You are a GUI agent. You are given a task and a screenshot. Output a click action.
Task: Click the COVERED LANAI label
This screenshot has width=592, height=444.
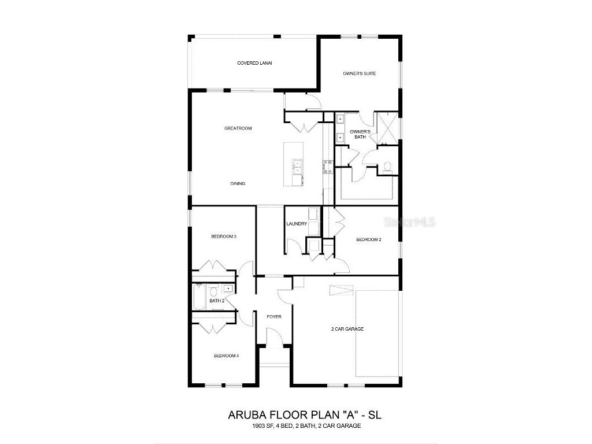[x=254, y=63]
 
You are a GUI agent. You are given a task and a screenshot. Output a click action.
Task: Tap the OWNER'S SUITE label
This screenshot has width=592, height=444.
[x=360, y=73]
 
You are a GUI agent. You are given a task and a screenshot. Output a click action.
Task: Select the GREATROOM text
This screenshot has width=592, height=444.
[x=238, y=128]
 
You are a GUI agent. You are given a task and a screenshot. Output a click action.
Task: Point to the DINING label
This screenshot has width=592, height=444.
[x=238, y=184]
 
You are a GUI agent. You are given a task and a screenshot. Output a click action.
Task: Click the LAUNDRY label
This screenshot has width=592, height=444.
[x=296, y=224]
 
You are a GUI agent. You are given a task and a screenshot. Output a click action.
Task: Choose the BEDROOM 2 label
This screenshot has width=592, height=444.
[x=368, y=239]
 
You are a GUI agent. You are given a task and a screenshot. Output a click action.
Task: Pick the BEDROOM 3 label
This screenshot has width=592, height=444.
[x=224, y=236]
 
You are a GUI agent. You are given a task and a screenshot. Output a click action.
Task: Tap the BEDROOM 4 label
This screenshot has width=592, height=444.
[x=225, y=356]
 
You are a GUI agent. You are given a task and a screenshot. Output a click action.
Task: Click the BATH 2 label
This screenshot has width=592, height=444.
[x=217, y=301]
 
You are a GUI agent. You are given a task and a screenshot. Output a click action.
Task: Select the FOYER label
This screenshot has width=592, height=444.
[x=273, y=317]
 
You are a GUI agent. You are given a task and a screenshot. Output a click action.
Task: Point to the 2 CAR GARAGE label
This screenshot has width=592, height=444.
[x=347, y=329]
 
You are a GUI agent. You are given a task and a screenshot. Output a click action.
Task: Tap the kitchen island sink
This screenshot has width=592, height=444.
[x=297, y=167]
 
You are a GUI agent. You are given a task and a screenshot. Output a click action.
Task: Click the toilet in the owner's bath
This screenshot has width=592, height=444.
[x=387, y=167]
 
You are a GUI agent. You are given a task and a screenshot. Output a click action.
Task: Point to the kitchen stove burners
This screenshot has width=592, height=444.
[x=326, y=166]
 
